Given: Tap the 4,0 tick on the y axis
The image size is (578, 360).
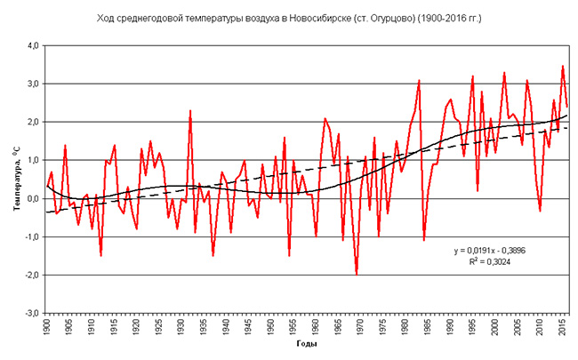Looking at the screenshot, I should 29,45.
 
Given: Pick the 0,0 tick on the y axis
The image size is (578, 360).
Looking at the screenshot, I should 29,199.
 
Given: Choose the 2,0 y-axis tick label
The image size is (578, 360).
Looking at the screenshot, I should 29,122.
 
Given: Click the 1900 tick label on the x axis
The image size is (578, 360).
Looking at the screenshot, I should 47,327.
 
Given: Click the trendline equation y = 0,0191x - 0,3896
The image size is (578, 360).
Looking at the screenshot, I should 503,252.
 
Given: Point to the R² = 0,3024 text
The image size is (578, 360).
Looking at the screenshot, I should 502,264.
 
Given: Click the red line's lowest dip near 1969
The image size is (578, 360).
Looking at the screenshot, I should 357,274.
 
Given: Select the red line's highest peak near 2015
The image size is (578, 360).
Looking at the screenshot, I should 563,66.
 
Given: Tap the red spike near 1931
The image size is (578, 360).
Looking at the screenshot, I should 190,111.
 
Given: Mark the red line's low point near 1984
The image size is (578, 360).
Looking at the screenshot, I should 424,240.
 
